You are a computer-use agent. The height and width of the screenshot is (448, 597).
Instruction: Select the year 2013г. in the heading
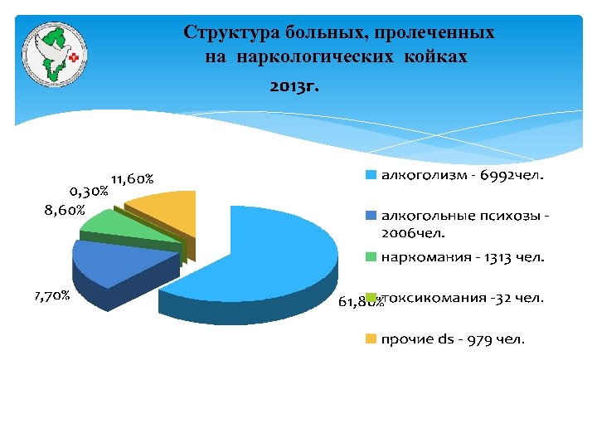point(294,85)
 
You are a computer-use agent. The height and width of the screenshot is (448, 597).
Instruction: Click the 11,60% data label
point(131,178)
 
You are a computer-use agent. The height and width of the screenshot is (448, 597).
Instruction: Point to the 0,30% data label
point(88,191)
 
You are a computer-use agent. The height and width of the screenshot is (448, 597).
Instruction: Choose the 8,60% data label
point(65,210)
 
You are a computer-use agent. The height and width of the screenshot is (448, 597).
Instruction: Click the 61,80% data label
point(360,304)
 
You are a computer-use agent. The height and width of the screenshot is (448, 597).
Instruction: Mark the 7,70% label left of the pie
point(51,295)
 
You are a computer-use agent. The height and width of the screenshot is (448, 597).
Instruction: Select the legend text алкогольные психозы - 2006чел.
point(465,224)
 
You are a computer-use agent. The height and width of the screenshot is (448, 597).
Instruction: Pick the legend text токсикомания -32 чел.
point(463,298)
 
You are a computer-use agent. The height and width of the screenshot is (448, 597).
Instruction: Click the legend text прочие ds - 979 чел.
point(453,339)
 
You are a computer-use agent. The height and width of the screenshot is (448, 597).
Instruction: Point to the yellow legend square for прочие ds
point(371,339)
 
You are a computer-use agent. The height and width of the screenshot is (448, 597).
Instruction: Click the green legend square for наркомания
point(371,256)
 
